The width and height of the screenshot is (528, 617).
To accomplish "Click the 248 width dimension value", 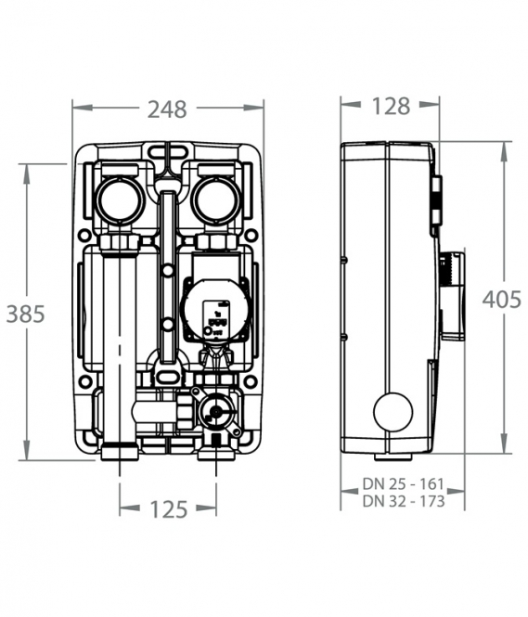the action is pos(167,109).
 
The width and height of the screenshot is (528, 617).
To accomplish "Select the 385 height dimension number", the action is pos(26,315).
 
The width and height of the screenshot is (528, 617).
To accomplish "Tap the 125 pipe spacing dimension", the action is pos(169,509).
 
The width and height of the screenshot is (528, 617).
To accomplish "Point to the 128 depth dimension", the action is pos(391,107).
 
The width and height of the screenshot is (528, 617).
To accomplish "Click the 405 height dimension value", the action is pos(502,300).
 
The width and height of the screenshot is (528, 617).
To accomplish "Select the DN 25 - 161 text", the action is pos(404,483).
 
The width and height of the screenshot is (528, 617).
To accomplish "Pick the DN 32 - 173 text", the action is pos(404,501).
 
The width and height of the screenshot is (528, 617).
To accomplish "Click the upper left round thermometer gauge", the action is pos(119,200).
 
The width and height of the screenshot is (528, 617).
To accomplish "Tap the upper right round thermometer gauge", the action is pos(217,200).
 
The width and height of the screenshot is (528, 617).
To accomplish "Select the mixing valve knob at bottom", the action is pos(215,412).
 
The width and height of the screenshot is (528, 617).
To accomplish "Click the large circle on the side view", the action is pos(393,412).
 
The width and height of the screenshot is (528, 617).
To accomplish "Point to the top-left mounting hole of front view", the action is pos(84,236).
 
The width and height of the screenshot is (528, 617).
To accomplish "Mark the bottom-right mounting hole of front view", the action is pos(251,381).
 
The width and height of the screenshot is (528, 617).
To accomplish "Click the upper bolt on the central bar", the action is pos(168,271).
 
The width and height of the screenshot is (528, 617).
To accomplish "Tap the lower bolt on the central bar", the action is pos(168,325).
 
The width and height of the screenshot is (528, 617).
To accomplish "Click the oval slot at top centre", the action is pos(168,150).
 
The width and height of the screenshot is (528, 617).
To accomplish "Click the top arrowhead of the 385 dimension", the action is pos(26,174).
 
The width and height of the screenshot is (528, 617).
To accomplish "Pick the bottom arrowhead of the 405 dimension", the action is pos(504,443).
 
